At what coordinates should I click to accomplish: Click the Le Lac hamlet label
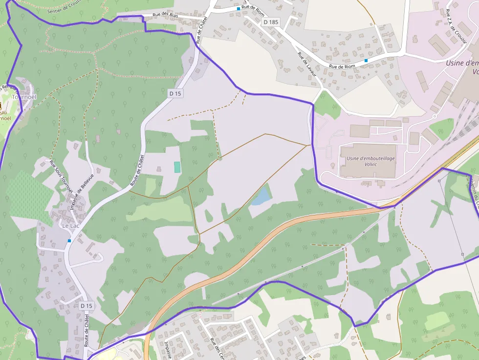pos(71,226)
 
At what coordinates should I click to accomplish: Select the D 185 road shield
pos(271,22)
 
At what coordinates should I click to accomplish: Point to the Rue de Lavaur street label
pos(307,65)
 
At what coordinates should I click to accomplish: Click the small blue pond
pos(261,195)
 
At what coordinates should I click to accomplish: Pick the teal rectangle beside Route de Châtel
pos(177,167)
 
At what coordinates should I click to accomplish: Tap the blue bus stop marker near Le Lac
pos(69,241)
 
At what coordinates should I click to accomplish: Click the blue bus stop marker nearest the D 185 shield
pos(239,9)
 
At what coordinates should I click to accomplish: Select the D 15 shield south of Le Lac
pos(86,306)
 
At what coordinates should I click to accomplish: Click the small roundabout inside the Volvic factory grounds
pos(434,117)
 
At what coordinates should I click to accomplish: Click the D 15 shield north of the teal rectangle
pos(175,93)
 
